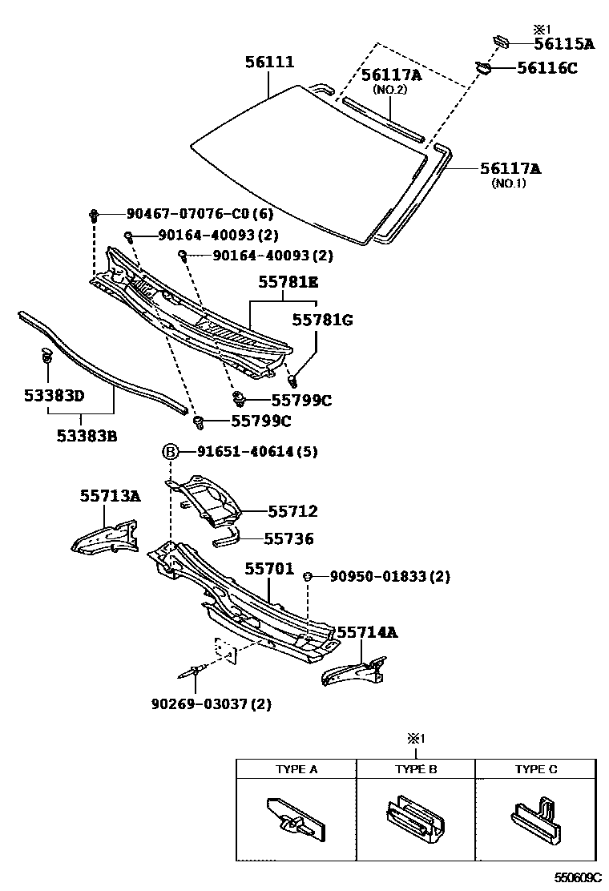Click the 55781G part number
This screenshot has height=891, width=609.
[x=322, y=320]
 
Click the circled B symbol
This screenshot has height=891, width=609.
[x=171, y=452]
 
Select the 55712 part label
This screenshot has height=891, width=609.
[x=292, y=511]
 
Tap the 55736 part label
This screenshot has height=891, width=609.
[x=290, y=539]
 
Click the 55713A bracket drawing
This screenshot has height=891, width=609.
[x=104, y=536]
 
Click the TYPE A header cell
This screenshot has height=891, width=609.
[x=296, y=769]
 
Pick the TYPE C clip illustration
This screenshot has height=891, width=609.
[x=534, y=816]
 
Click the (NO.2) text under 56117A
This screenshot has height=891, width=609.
[x=390, y=91]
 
